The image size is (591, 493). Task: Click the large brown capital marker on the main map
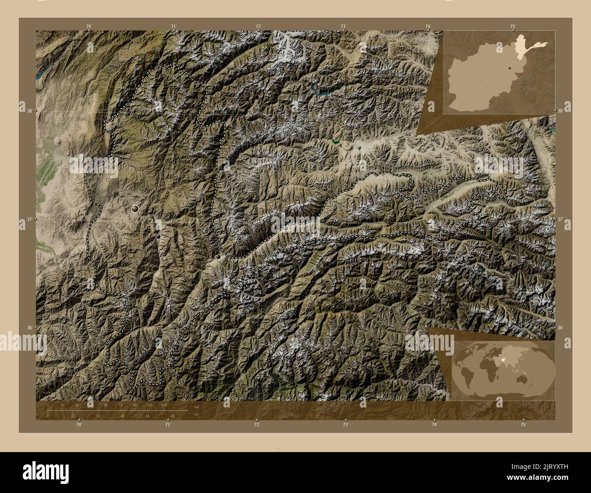point(135,209)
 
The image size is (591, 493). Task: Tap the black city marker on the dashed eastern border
point(219,257)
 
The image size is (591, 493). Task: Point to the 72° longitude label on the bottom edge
point(257,424)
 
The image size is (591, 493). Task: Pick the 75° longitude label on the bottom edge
point(523,424)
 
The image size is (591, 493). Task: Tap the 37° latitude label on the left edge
point(28,219)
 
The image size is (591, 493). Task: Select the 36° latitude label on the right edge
point(561,327)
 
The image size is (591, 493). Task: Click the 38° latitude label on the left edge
point(28,111)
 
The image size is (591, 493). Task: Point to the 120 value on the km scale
point(164,405)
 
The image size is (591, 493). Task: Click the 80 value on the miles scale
point(173,416)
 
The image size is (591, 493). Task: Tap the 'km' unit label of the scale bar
point(196,407)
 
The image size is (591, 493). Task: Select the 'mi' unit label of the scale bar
point(196,414)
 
